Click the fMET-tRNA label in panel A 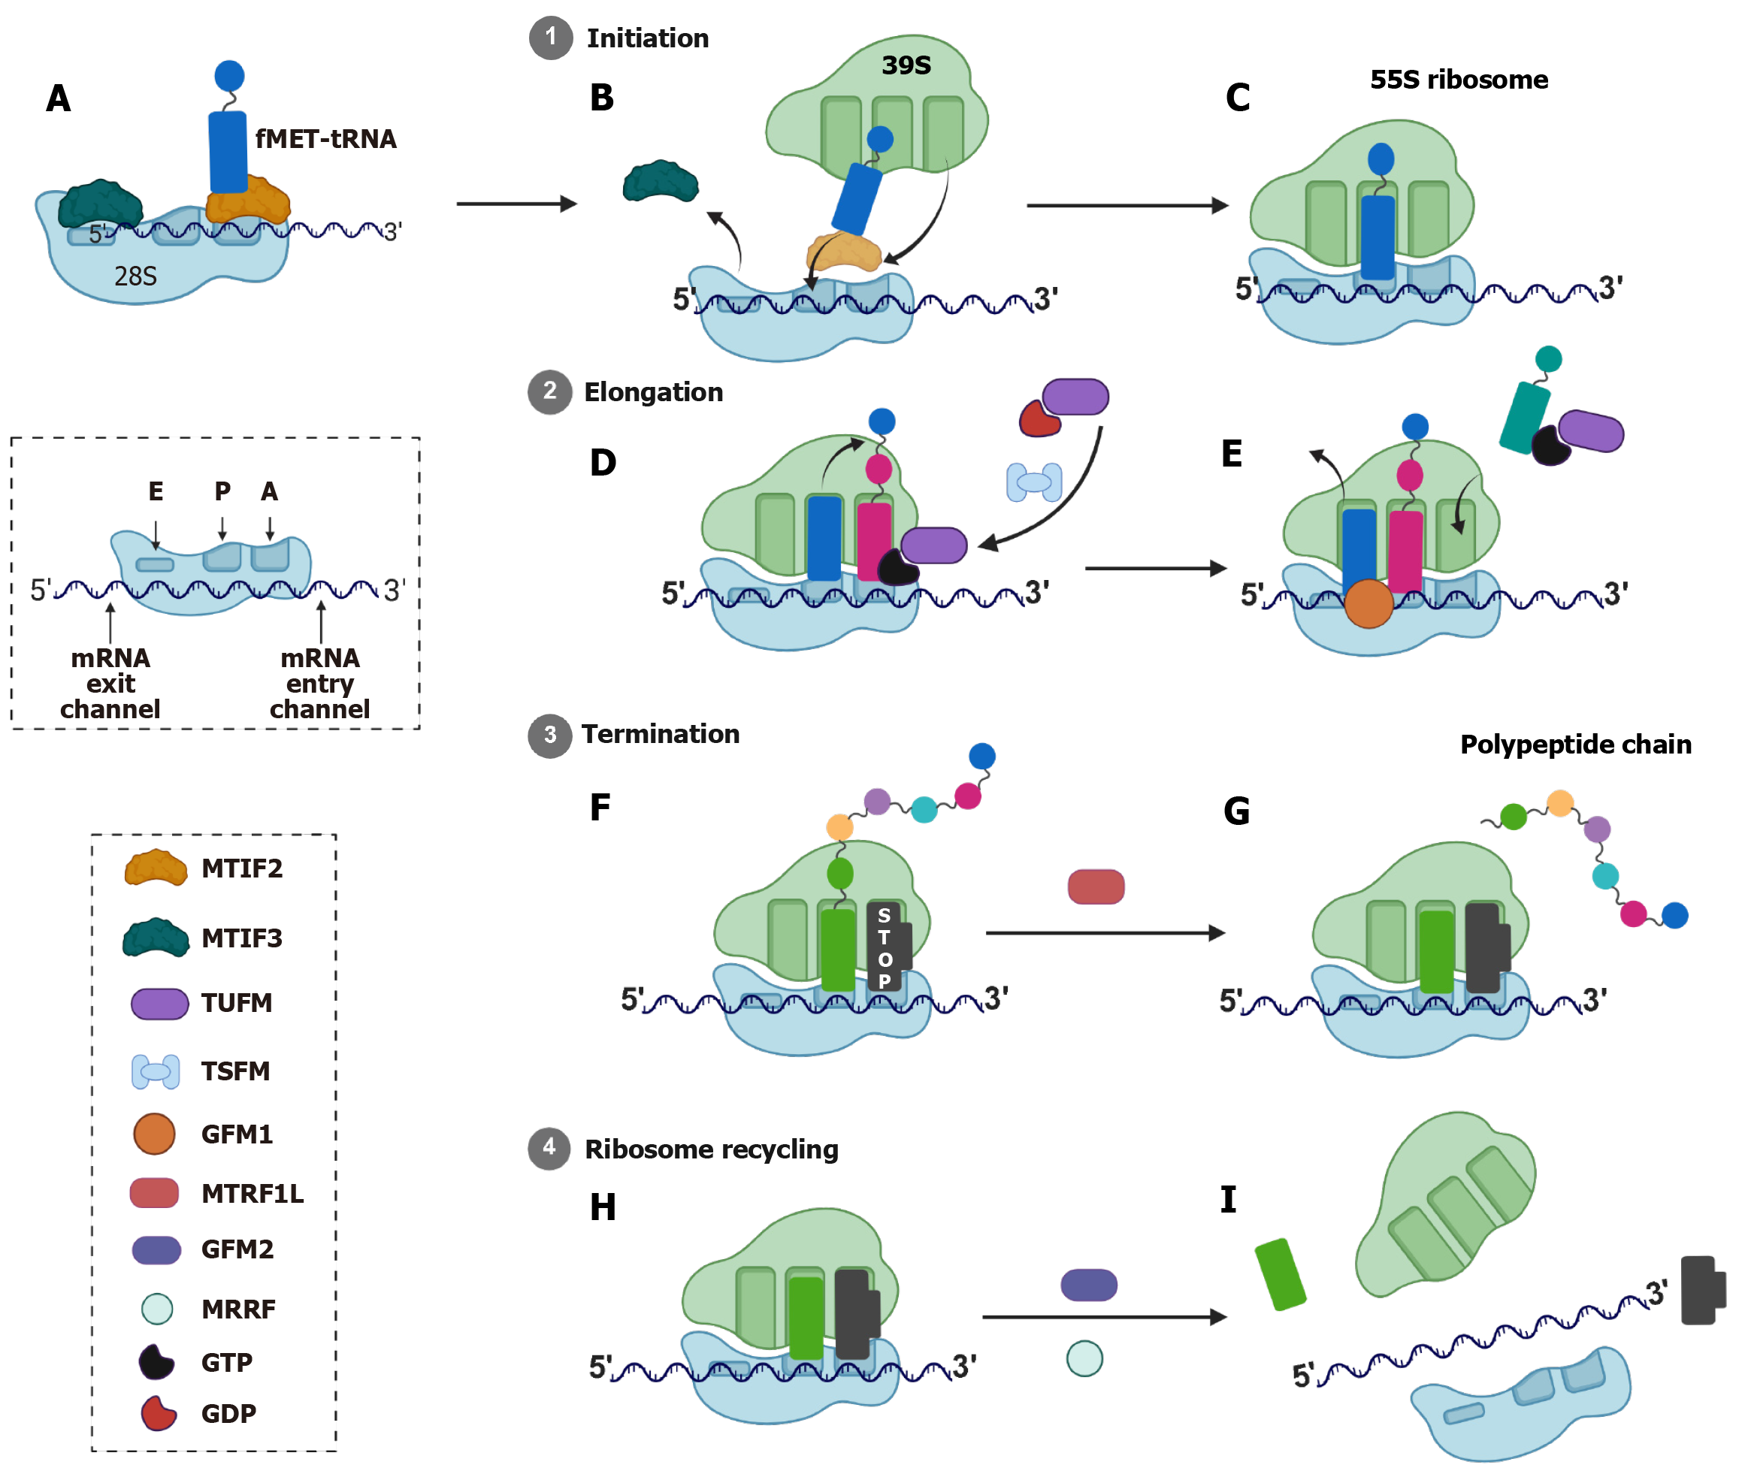coord(325,138)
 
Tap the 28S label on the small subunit coord(135,276)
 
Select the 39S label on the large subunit coord(906,65)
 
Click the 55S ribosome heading coord(1458,80)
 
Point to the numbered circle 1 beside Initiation coord(550,38)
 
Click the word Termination coord(660,734)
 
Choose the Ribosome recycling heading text coord(711,1149)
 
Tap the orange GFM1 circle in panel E coord(1368,603)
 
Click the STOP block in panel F coord(885,947)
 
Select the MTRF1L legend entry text coord(252,1193)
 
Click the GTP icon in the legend coord(156,1362)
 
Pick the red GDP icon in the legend coord(158,1412)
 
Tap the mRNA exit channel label coord(110,684)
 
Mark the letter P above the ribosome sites coord(222,491)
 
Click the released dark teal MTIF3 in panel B coord(660,182)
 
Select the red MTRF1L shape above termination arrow coord(1095,887)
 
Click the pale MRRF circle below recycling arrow coord(1084,1358)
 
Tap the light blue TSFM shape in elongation coord(1033,482)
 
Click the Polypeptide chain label coord(1574,745)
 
